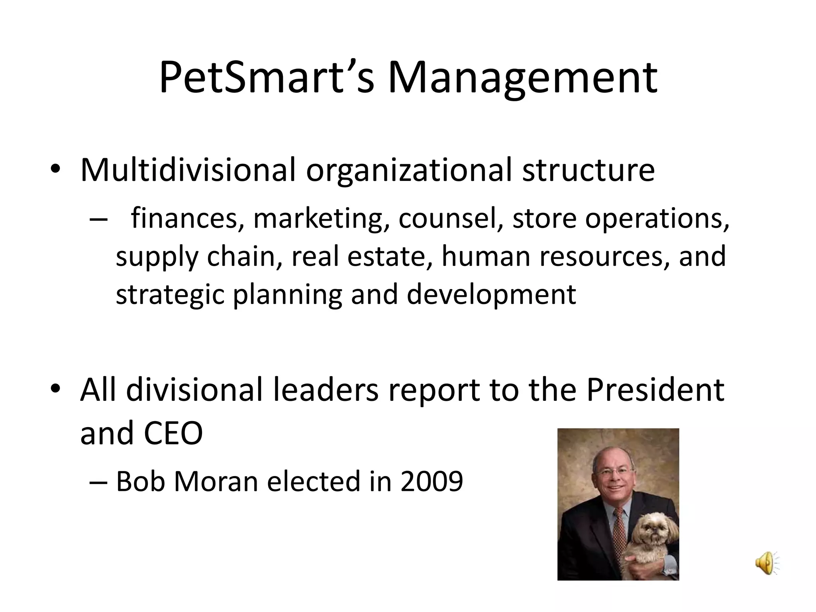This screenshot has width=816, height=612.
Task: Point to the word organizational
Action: (x=408, y=171)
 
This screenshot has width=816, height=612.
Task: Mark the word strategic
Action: (x=170, y=295)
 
